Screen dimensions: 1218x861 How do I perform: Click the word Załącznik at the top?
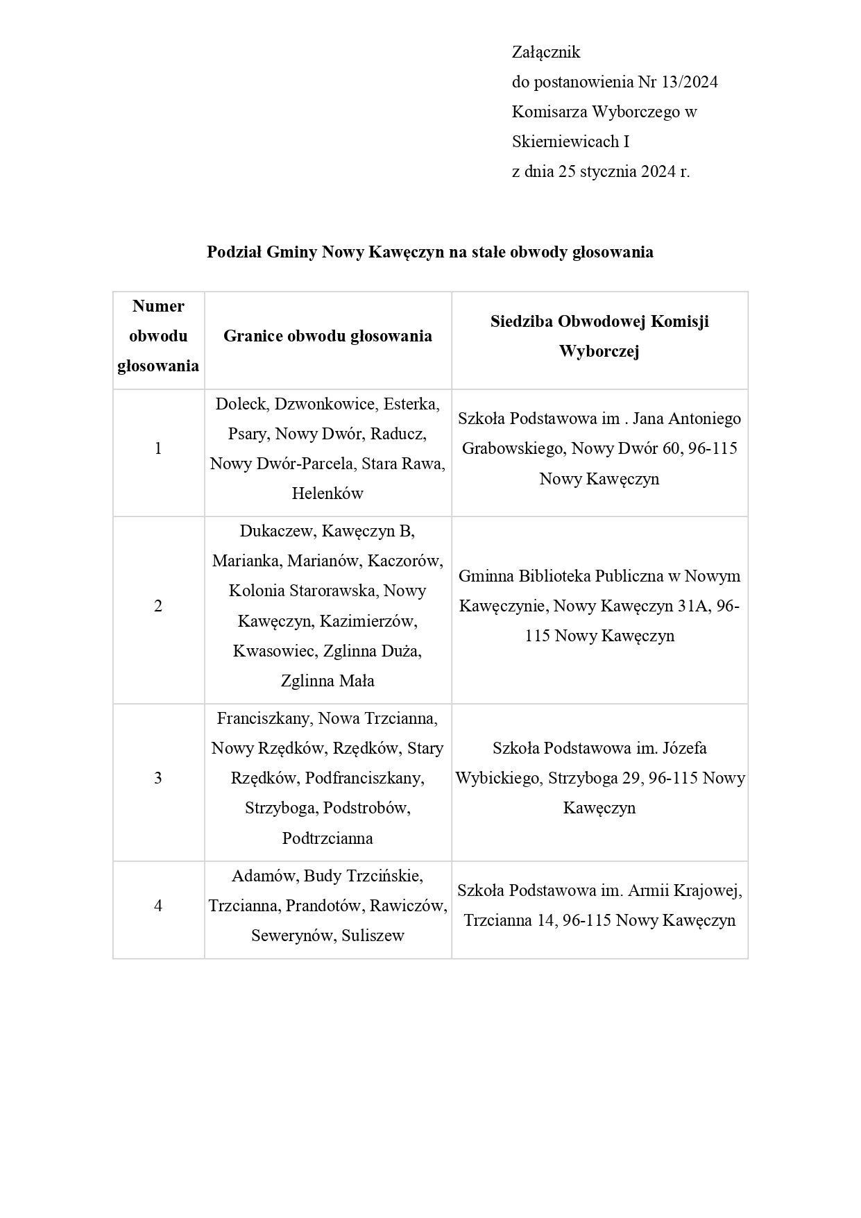[x=545, y=52]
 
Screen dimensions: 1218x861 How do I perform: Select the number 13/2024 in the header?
[x=690, y=82]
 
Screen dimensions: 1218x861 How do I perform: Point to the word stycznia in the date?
[x=608, y=171]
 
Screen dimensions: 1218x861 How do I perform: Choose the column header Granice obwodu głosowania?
[x=327, y=336]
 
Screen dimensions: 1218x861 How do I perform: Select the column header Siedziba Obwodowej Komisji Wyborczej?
[x=599, y=336]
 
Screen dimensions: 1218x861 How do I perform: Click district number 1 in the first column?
[x=158, y=448]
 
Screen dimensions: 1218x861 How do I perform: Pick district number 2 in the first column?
[x=158, y=606]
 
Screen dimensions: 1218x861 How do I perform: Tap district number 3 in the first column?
[x=158, y=778]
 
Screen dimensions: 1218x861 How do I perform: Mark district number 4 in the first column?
[x=158, y=906]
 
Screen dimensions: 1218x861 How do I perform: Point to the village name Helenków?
[x=327, y=493]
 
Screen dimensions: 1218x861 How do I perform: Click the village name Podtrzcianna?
[x=327, y=838]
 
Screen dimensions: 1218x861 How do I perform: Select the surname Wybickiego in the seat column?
[x=498, y=778]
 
